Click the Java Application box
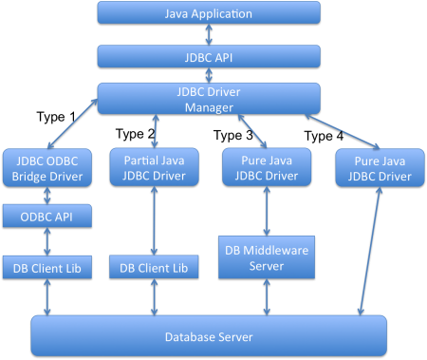209,14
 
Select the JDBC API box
209,57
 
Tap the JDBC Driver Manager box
209,100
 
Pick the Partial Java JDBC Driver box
153,166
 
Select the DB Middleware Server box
266,256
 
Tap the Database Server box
209,336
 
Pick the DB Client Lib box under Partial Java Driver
154,269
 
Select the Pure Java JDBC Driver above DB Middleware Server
266,166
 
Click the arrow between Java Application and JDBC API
209,35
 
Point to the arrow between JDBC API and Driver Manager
209,75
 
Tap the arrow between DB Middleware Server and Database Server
266,297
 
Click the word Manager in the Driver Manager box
209,107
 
